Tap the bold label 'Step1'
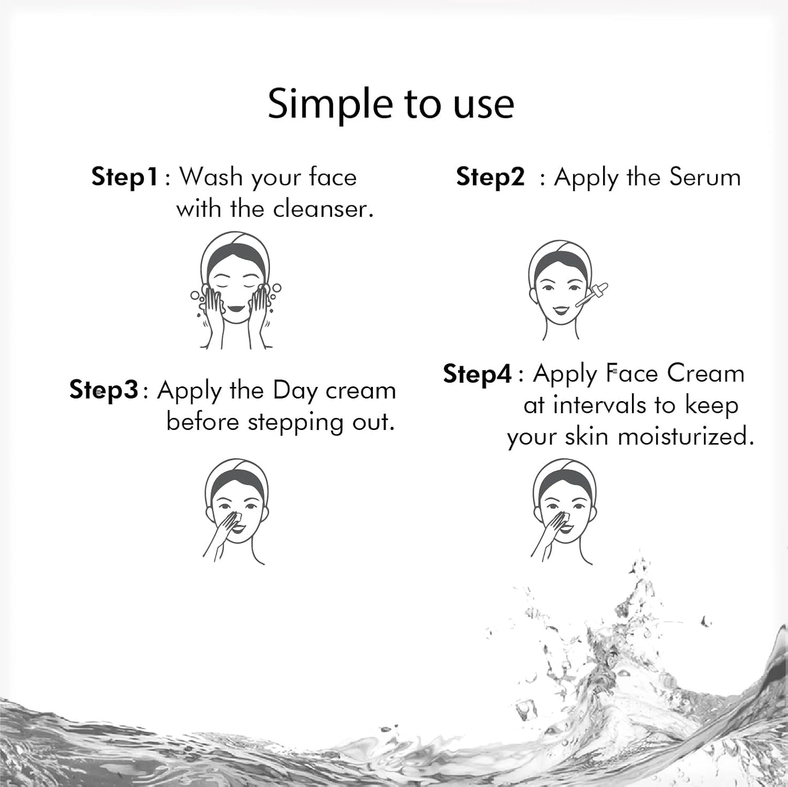tap(125, 178)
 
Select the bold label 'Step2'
tap(490, 178)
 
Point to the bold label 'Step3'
tap(104, 391)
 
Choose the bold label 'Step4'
tap(477, 374)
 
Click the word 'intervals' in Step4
tap(599, 405)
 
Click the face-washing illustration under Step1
tap(236, 291)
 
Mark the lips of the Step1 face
tap(236, 307)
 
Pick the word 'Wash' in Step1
tap(210, 178)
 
